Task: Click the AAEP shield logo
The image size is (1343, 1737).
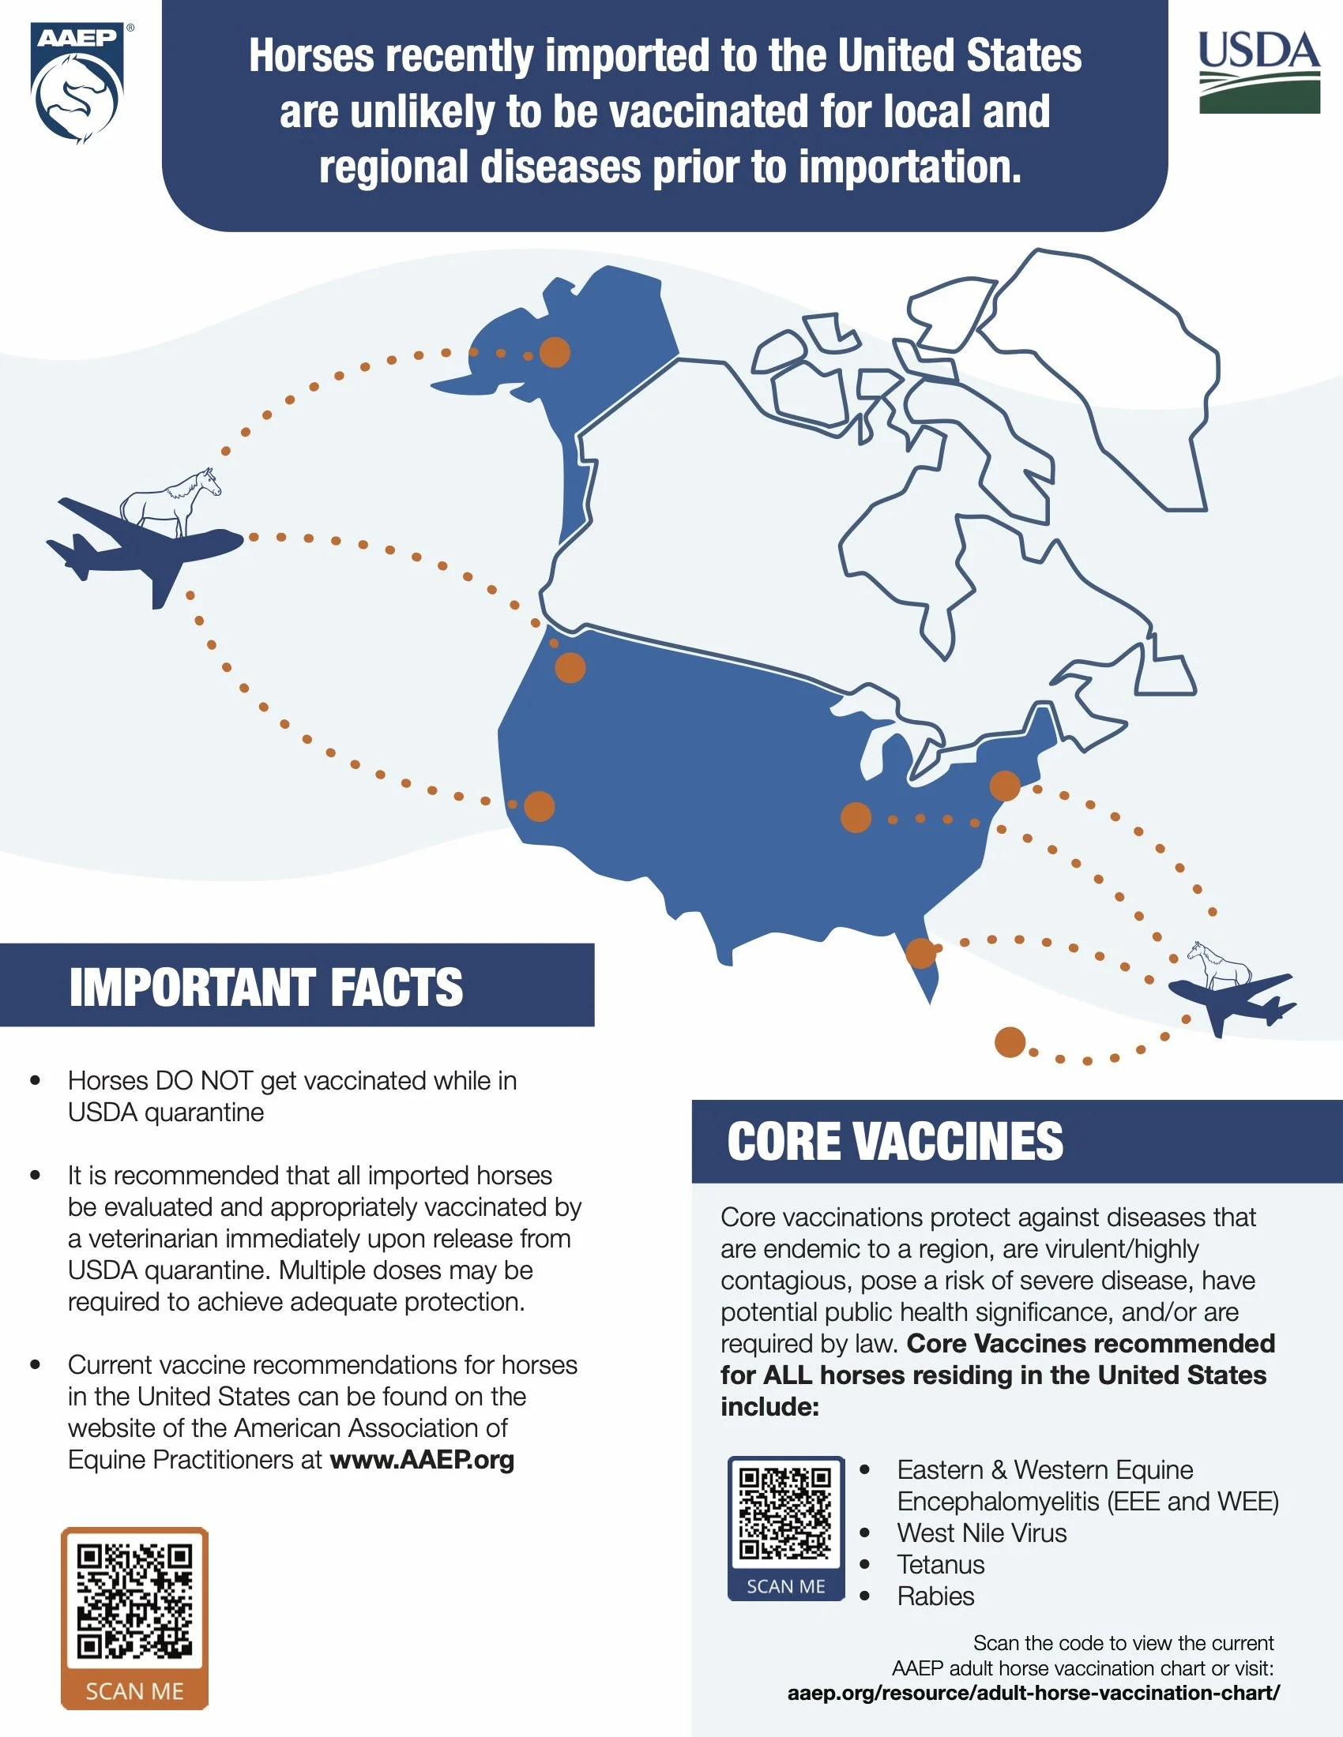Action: pyautogui.click(x=77, y=83)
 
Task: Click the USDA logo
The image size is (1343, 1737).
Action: pyautogui.click(x=1258, y=73)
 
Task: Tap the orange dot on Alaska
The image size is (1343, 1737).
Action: pyautogui.click(x=555, y=351)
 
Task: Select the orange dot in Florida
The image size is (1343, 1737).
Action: pyautogui.click(x=920, y=952)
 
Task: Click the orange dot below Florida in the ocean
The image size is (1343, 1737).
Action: pyautogui.click(x=1010, y=1042)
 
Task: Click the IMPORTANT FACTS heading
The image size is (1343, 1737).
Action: pyautogui.click(x=265, y=987)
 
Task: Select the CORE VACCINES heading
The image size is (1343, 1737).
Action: pyautogui.click(x=895, y=1141)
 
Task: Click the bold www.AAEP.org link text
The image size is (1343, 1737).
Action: pyautogui.click(x=422, y=1459)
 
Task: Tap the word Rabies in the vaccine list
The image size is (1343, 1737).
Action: pyautogui.click(x=935, y=1596)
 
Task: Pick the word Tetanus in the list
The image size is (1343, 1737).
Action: pyautogui.click(x=940, y=1564)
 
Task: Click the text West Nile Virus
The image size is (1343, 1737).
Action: pyautogui.click(x=982, y=1533)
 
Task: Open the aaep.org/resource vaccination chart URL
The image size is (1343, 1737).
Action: pyautogui.click(x=1033, y=1693)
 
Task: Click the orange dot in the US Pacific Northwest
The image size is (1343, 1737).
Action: pyautogui.click(x=570, y=667)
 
